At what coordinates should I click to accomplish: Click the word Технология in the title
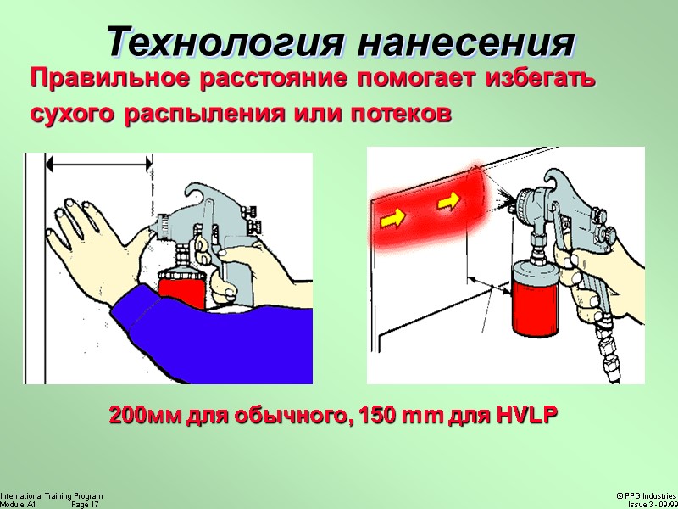[x=225, y=42]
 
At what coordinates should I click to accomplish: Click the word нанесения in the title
[x=466, y=42]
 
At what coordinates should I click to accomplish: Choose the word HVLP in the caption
[x=528, y=415]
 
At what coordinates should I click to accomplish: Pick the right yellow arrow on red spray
[x=448, y=201]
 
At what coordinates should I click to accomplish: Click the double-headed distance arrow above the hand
[x=99, y=164]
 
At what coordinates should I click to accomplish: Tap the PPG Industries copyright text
[x=647, y=496]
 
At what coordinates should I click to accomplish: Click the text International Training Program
[x=52, y=496]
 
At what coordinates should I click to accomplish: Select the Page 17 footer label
[x=85, y=505]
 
